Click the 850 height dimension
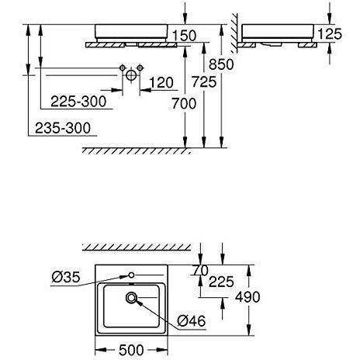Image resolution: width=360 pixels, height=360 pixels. click(x=221, y=64)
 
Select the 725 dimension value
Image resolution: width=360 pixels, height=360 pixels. click(x=204, y=82)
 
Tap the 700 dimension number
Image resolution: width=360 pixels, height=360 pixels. click(x=184, y=104)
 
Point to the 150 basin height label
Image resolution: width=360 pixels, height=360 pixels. click(x=184, y=36)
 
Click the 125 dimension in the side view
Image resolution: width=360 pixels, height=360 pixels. click(x=330, y=34)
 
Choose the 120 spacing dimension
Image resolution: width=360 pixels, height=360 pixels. click(x=161, y=83)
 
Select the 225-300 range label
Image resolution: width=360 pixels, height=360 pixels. click(x=78, y=102)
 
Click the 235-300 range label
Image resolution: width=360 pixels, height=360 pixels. click(x=63, y=128)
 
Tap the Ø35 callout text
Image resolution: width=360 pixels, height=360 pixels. click(x=66, y=277)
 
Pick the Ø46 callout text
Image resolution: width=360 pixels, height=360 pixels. click(x=192, y=321)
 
